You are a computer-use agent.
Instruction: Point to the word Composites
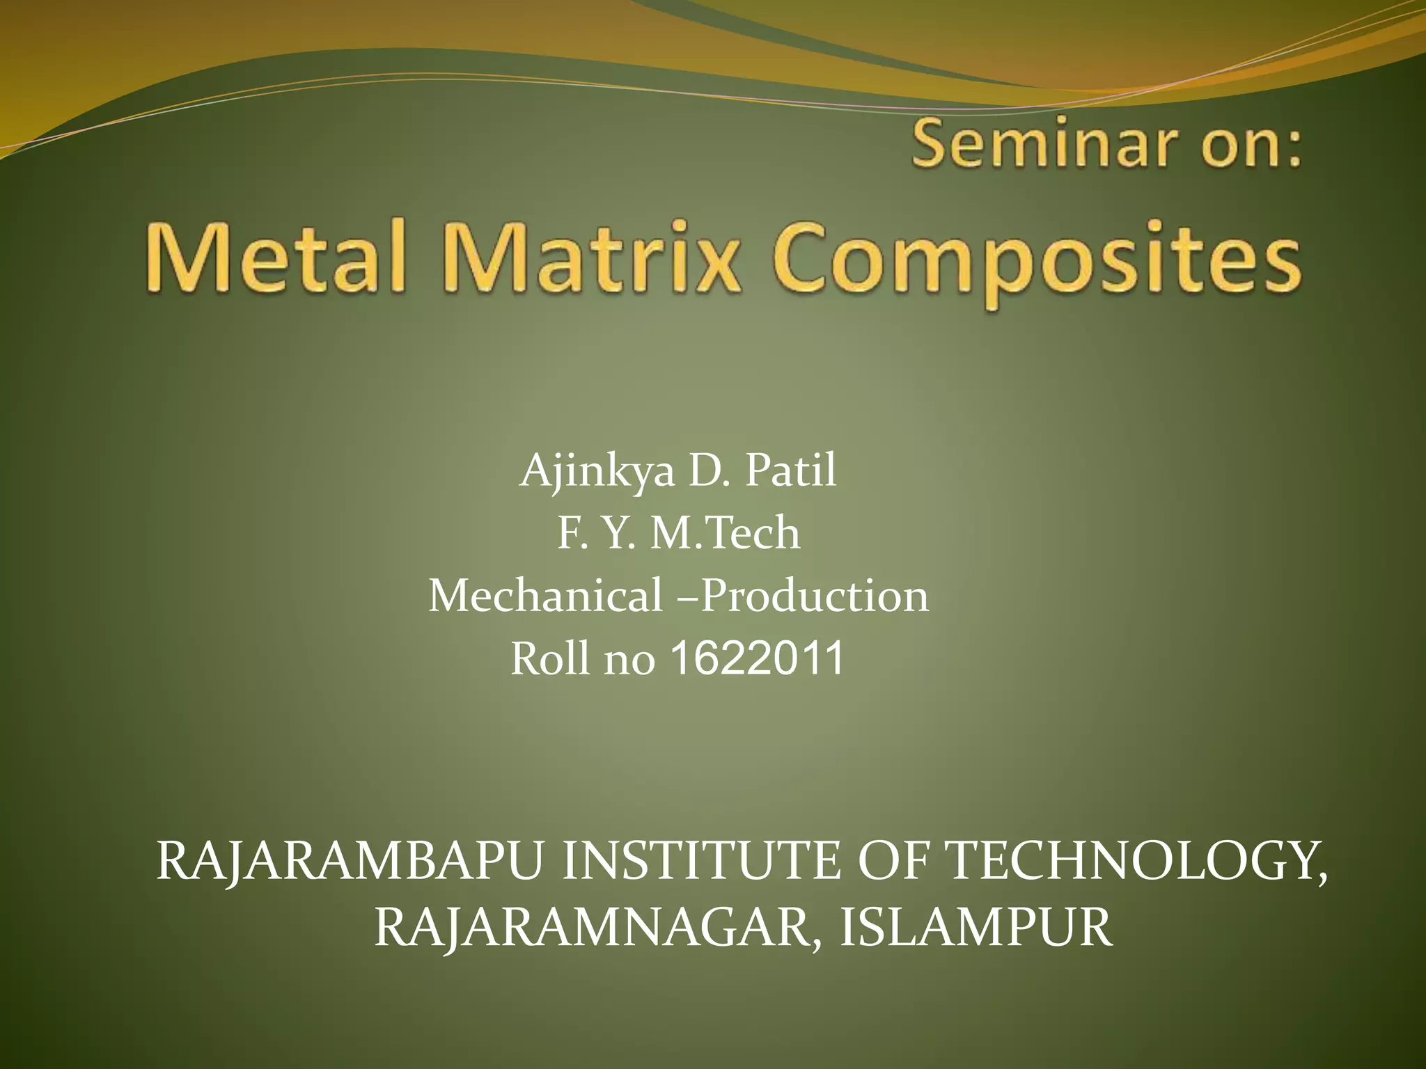click(1037, 261)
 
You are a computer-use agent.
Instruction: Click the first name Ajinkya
click(597, 471)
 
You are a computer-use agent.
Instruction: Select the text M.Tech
click(725, 533)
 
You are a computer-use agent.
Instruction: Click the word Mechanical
click(546, 596)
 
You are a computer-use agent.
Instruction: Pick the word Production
click(815, 596)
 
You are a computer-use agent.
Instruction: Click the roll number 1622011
click(757, 658)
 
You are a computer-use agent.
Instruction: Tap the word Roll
click(550, 658)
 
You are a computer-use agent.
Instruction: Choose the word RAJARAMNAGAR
click(597, 928)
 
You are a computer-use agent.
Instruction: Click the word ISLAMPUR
click(976, 928)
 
